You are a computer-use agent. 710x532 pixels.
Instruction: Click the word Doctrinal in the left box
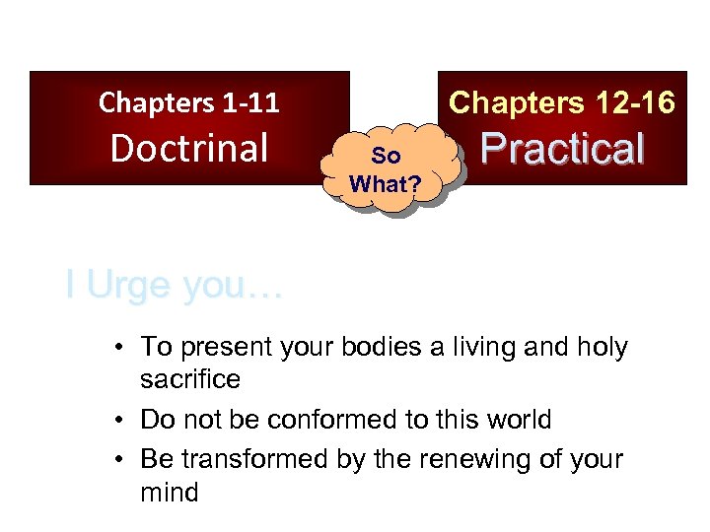tap(189, 148)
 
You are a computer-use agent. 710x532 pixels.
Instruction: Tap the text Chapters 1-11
tap(189, 101)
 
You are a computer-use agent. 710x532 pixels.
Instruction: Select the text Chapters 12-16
tap(562, 101)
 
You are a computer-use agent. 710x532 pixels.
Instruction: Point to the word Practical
tap(562, 148)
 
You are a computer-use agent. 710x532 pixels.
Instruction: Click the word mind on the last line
tap(170, 492)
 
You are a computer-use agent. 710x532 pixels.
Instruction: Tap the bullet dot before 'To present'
tap(117, 348)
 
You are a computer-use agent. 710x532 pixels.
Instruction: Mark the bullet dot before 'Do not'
tap(117, 420)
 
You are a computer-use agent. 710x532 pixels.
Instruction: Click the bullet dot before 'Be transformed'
tap(117, 459)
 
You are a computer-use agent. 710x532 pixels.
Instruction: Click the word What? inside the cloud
tap(386, 183)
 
